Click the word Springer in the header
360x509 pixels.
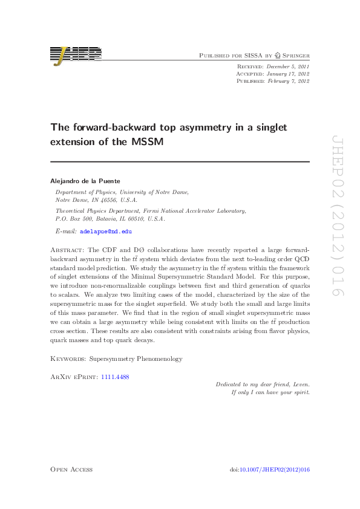point(296,55)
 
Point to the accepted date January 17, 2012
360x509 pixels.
point(287,73)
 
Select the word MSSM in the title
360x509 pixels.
point(151,141)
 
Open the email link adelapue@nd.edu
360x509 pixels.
point(106,232)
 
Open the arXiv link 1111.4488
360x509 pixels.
point(115,377)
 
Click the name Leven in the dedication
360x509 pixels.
point(301,384)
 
